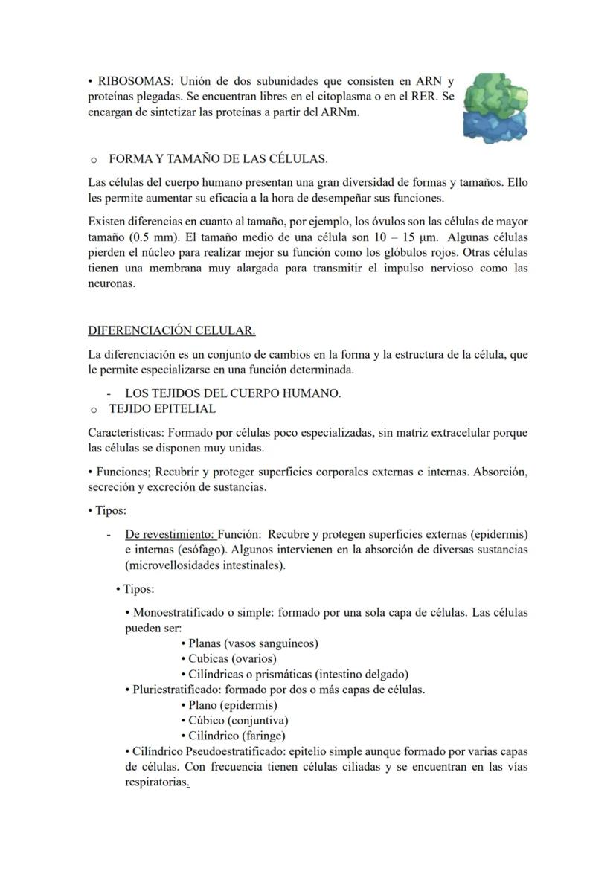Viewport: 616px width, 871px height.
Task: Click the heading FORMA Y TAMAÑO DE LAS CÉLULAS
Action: tap(218, 159)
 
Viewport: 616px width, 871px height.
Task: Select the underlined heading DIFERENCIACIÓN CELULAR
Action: tap(171, 330)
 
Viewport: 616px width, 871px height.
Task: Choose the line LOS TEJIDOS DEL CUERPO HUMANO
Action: tap(233, 393)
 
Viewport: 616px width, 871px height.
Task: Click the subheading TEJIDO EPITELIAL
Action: tap(162, 409)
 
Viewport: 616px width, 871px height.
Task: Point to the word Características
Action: tap(125, 433)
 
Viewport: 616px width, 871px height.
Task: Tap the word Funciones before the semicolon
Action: tap(125, 472)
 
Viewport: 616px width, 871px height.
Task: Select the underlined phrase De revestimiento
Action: tap(170, 534)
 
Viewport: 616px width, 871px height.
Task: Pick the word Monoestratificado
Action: tap(179, 613)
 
